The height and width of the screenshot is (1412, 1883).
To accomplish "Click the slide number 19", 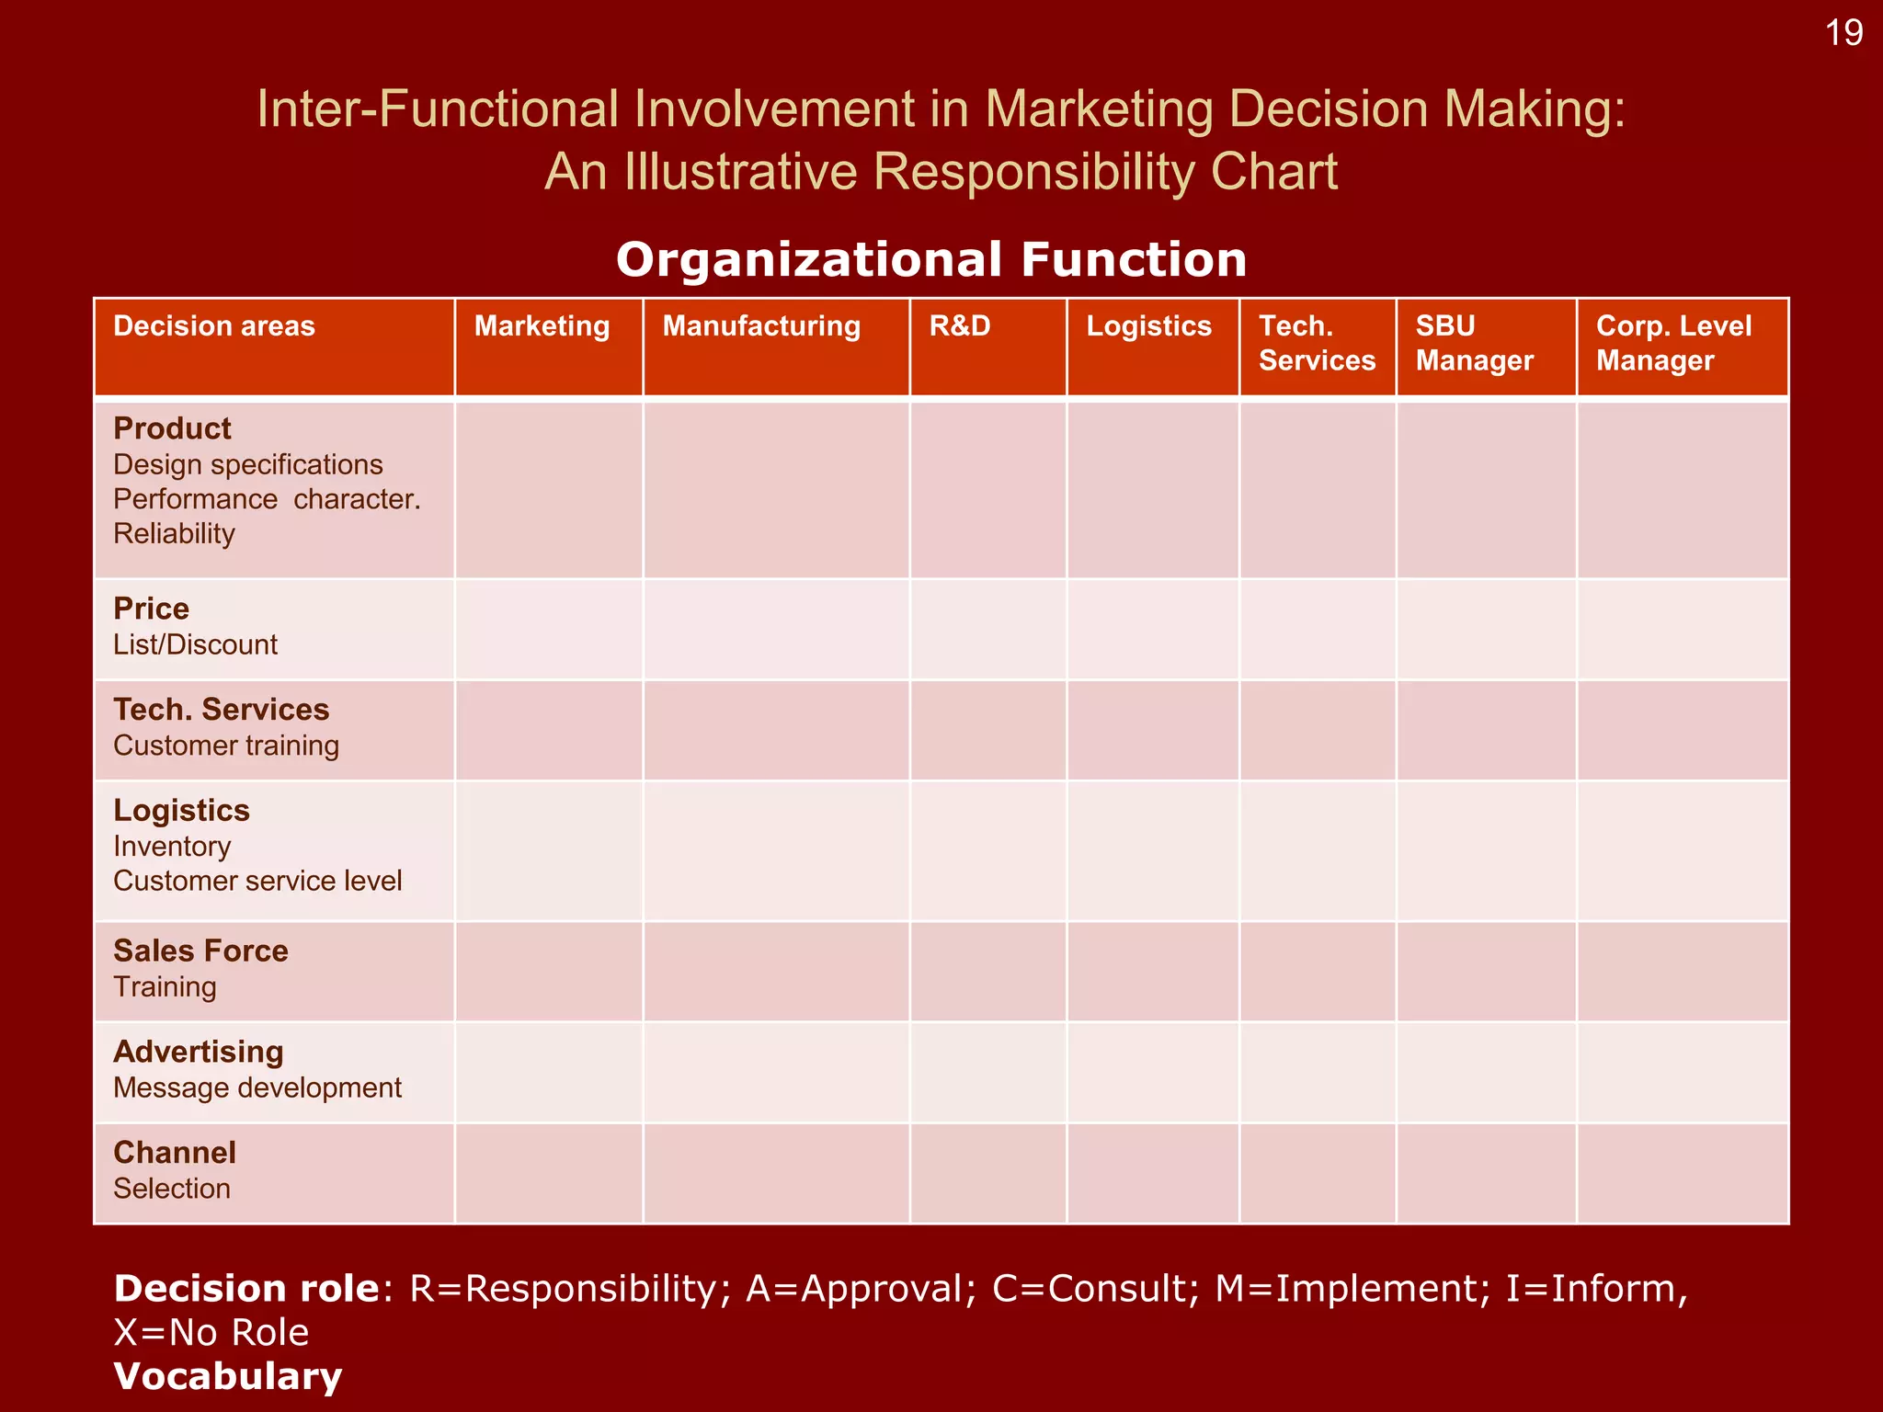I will [1843, 33].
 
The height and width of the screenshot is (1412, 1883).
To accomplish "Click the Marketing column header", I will [542, 326].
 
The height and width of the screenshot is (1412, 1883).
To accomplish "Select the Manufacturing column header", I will [761, 326].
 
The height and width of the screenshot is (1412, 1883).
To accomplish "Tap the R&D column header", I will [959, 326].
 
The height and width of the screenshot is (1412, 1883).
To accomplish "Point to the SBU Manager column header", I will [1474, 343].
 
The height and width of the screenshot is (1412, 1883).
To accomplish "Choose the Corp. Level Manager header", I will [1673, 343].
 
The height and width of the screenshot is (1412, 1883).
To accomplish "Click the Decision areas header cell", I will [213, 326].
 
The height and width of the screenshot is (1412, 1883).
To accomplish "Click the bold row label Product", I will [172, 428].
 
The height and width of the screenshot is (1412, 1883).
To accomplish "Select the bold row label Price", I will [151, 609].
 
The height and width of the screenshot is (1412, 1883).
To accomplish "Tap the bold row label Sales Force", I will [200, 951].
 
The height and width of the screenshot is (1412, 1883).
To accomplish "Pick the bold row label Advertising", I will [198, 1052].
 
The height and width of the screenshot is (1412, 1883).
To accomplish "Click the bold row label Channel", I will [175, 1153].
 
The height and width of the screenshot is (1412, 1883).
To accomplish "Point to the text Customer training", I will [226, 746].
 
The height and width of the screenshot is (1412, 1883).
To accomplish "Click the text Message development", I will [257, 1087].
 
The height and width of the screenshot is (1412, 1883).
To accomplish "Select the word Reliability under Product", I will [174, 534].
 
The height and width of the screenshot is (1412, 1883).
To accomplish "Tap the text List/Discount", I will [195, 644].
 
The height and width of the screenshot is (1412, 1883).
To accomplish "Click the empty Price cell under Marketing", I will [549, 630].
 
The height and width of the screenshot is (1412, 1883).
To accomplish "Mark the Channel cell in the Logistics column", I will [1153, 1174].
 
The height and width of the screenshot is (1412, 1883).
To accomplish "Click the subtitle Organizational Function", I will [931, 259].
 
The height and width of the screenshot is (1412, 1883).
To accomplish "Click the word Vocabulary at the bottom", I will [228, 1376].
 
